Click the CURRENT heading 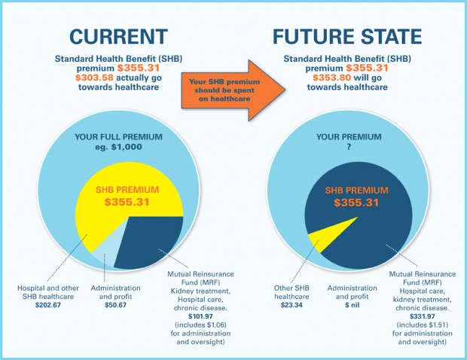tap(118, 37)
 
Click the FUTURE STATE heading tap(347, 37)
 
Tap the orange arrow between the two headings tap(233, 90)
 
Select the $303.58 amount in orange tap(94, 78)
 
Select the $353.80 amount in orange tap(332, 78)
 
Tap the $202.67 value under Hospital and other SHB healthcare tap(48, 305)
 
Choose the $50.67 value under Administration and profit tap(115, 305)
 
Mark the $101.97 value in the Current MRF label tap(200, 316)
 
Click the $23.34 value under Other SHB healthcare tap(291, 305)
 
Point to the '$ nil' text tap(353, 305)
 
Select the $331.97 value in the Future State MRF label tap(423, 316)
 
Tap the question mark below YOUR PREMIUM tap(349, 147)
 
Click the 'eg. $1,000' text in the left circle tap(118, 147)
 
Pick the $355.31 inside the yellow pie tap(127, 202)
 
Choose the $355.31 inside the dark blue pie tap(356, 203)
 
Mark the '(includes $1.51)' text tap(423, 325)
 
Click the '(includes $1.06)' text tap(200, 325)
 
